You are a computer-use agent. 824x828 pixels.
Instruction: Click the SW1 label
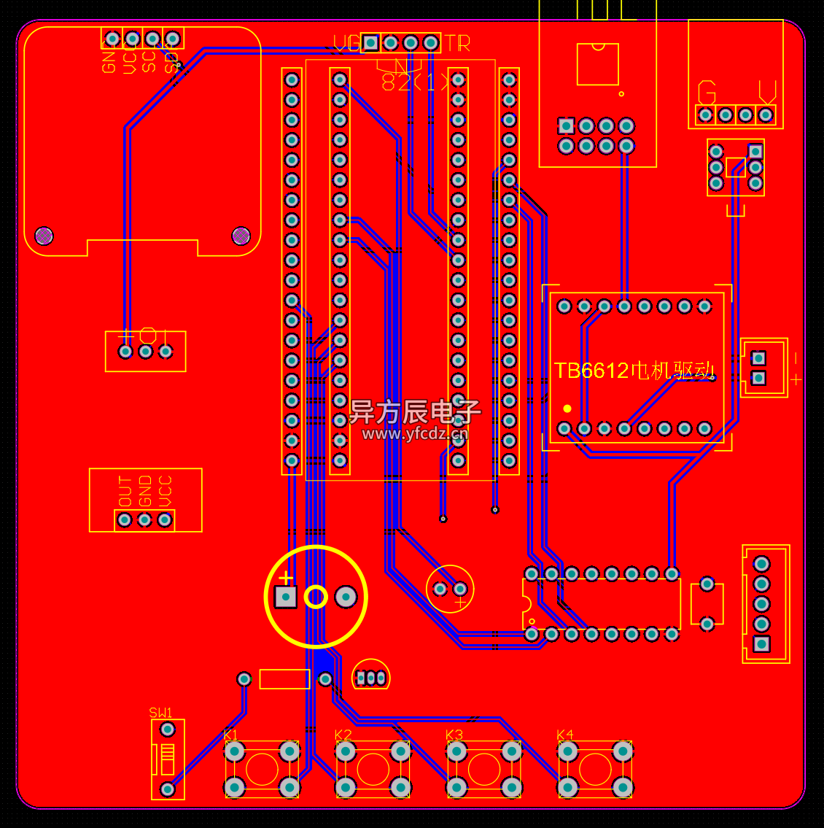[160, 713]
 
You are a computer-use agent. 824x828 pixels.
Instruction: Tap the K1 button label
[230, 735]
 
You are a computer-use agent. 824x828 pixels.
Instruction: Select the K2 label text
[343, 735]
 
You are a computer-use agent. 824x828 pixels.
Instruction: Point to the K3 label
[454, 735]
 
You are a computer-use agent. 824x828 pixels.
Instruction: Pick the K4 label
[564, 735]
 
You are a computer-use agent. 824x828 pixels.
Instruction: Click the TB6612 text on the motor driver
[591, 371]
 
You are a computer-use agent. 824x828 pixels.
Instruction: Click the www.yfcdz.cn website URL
[415, 434]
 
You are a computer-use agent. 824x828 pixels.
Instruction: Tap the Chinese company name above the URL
[415, 412]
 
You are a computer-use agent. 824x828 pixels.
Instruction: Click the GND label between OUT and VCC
[145, 491]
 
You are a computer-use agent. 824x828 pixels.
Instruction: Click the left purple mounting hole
[44, 236]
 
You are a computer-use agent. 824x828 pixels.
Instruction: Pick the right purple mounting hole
[241, 236]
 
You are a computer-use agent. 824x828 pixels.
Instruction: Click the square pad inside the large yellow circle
[286, 597]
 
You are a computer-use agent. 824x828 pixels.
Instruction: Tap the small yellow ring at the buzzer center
[316, 597]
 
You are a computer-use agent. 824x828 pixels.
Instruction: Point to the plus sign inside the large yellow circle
[286, 579]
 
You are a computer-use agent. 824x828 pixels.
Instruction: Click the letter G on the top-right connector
[707, 93]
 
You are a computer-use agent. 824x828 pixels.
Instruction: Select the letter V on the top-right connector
[767, 93]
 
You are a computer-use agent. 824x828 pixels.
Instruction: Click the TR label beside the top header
[457, 44]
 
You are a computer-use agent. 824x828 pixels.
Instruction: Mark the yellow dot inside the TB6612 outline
[567, 409]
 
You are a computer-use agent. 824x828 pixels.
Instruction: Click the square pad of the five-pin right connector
[761, 643]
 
